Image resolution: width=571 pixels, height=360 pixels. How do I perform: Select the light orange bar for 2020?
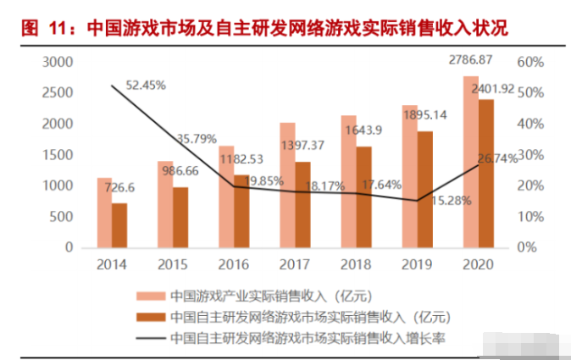[x=470, y=161]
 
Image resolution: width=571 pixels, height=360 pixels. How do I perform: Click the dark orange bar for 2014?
[x=119, y=224]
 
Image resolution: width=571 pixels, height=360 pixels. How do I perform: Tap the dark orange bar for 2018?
[x=363, y=197]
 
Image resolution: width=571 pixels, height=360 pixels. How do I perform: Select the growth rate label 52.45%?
[x=146, y=85]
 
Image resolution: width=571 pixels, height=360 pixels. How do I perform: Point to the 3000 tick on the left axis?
[x=58, y=62]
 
